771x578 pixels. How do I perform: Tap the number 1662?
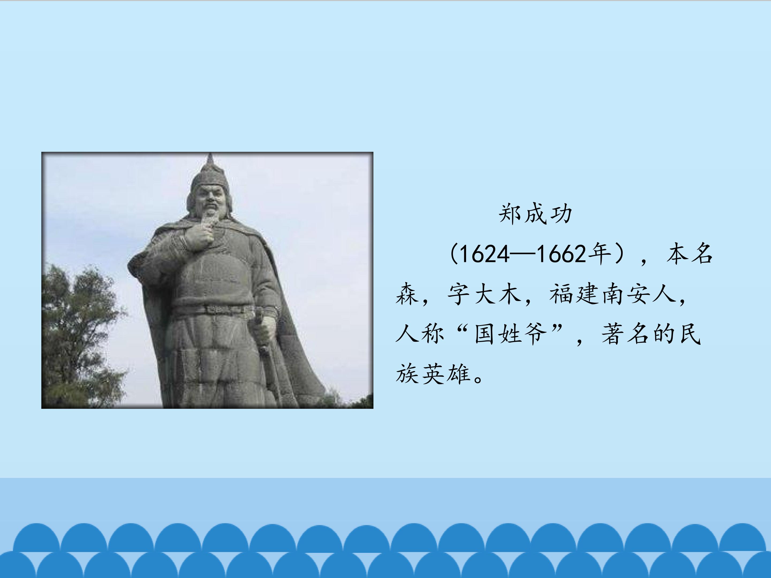561,254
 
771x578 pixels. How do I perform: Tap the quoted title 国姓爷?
510,334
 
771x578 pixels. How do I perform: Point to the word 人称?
420,334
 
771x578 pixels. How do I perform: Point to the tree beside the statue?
77,331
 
